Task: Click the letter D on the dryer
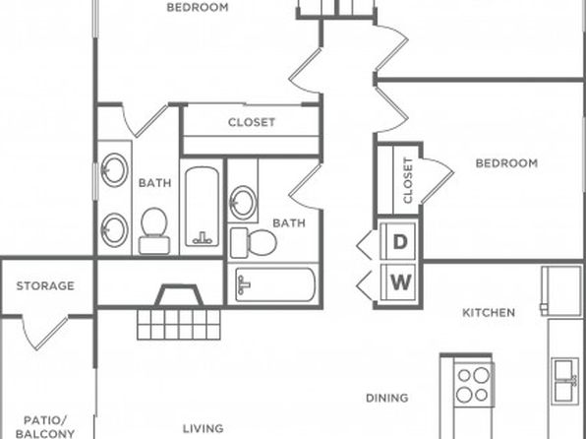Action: (400, 242)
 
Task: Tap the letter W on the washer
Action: (401, 282)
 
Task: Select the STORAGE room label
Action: (45, 285)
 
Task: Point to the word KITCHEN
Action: (489, 312)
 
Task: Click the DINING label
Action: (386, 398)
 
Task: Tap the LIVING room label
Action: (204, 428)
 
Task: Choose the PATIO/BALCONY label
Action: (45, 427)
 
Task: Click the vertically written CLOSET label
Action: (408, 180)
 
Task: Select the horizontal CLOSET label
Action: (252, 122)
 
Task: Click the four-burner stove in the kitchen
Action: (474, 385)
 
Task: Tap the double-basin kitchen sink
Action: (565, 381)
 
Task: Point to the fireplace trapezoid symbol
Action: (179, 295)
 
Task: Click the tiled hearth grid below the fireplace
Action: (179, 325)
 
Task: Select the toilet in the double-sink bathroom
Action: (154, 231)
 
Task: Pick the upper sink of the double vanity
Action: (114, 170)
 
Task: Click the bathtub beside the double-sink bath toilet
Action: (202, 207)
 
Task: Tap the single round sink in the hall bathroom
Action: (243, 203)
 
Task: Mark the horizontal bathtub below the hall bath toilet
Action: (275, 284)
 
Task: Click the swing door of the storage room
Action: (45, 333)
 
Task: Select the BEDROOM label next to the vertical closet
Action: (506, 163)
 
